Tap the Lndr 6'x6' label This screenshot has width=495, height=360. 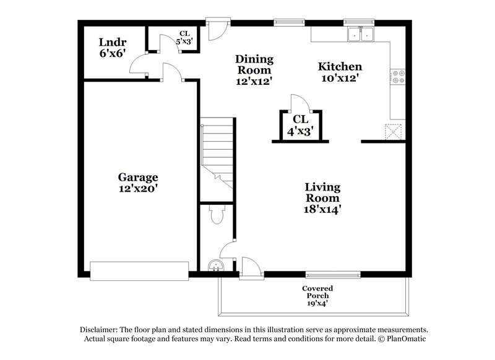coord(113,48)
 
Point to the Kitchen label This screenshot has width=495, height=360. coord(340,72)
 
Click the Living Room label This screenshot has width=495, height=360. coord(322,198)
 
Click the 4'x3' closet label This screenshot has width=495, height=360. coord(301,125)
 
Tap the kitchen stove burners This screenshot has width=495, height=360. coord(397,77)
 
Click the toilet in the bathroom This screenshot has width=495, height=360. coord(217,215)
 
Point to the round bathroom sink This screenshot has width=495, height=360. coord(215,265)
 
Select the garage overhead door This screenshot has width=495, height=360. coord(139,270)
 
